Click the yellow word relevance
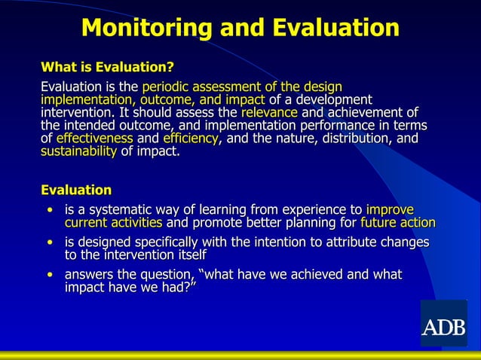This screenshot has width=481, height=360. (268, 112)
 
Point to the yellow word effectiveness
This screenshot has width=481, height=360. (94, 139)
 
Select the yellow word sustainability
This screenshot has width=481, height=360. (78, 151)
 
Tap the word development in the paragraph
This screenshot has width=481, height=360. (327, 99)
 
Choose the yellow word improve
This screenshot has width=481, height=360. (390, 209)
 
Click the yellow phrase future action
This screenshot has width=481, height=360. (398, 222)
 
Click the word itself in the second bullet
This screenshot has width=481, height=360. (187, 255)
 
